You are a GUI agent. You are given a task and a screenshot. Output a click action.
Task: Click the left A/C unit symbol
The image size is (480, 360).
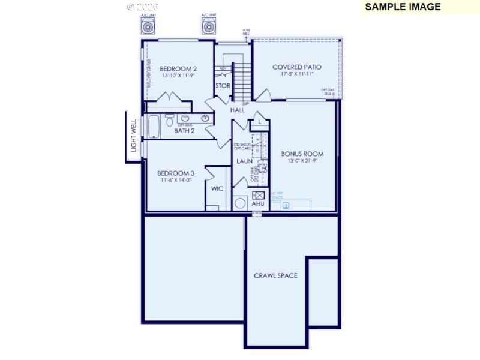point(148,26)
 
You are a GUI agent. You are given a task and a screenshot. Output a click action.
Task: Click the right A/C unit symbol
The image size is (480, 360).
point(209,26)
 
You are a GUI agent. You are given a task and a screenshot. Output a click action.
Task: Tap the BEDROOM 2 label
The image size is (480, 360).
point(178,69)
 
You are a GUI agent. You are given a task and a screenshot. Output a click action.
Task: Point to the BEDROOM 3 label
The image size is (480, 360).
point(176,173)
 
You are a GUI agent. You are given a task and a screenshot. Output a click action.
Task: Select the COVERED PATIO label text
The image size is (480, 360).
point(297,67)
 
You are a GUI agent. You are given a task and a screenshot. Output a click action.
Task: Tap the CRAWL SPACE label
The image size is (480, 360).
point(275,276)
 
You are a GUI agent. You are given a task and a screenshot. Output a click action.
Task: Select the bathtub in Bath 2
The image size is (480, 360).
point(154,127)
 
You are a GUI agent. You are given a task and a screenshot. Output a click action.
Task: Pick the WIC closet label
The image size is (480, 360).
point(217,188)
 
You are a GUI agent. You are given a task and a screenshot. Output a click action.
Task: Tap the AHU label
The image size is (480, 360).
point(258,204)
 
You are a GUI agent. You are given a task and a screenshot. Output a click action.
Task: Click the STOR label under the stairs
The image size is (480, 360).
point(223,86)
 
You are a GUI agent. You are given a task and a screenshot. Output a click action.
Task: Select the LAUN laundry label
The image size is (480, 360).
point(244,161)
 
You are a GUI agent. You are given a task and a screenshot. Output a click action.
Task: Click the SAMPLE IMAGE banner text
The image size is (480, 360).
point(403,7)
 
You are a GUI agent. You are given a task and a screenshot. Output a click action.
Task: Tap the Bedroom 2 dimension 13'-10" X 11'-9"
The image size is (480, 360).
point(178,76)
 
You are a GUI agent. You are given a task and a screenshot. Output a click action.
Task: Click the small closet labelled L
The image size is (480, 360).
point(259,121)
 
